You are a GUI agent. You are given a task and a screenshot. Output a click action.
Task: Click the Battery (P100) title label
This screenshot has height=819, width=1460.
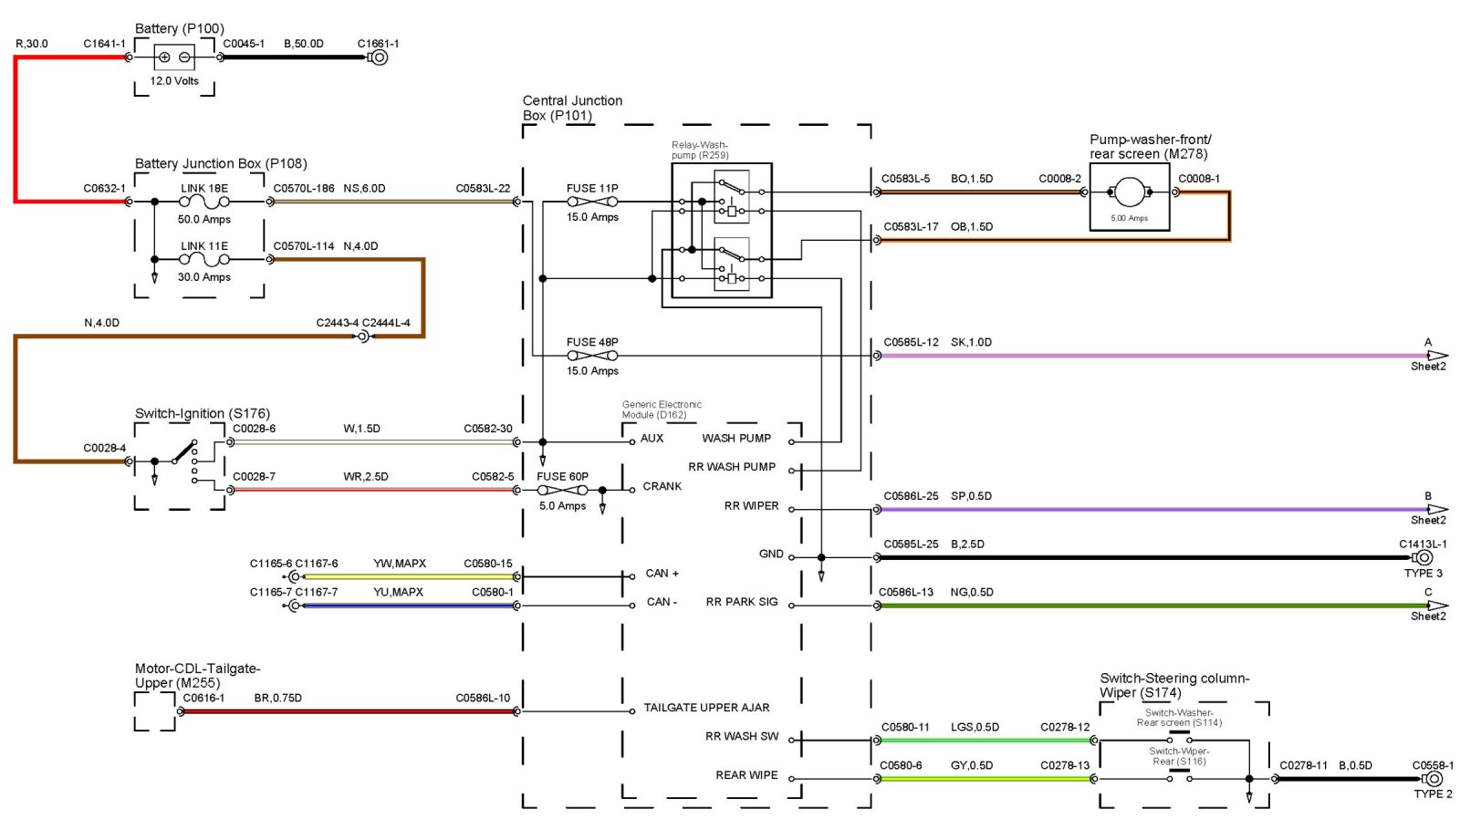tap(179, 28)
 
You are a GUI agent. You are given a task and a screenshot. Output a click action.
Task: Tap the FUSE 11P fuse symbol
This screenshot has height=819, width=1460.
tap(592, 202)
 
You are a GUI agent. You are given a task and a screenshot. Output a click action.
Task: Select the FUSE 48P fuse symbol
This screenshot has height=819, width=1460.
tap(592, 356)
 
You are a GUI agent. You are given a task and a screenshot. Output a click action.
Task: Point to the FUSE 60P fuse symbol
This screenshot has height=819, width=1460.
tap(563, 490)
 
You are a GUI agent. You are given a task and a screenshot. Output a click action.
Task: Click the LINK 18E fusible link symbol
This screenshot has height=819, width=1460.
tap(204, 202)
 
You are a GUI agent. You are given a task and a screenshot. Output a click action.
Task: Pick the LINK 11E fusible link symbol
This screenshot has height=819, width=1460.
tap(204, 259)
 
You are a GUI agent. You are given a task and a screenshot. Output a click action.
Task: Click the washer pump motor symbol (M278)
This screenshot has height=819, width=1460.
tap(1130, 192)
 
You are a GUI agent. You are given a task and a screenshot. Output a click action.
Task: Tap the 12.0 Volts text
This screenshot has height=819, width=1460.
tap(174, 81)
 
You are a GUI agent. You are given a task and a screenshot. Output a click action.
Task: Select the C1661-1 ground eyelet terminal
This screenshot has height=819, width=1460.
tap(378, 57)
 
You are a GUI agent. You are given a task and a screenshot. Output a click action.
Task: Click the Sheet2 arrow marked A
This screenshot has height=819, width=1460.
tap(1437, 356)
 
